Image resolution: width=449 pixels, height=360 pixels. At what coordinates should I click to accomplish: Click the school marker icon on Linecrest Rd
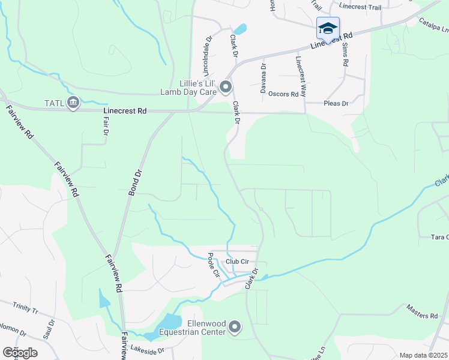tap(328, 28)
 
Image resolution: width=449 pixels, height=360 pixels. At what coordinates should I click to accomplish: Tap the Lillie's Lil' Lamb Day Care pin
tap(226, 88)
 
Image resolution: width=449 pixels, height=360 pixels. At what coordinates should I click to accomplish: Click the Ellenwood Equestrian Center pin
tap(235, 328)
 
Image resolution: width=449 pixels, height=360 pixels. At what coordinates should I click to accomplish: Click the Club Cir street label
tap(237, 262)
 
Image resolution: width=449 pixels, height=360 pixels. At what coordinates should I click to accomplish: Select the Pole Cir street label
tap(214, 265)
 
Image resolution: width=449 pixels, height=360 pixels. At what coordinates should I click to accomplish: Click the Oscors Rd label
tap(283, 94)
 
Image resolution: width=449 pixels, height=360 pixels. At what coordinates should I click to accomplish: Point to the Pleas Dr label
tap(336, 103)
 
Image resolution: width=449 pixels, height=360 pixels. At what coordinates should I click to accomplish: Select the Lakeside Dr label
tap(147, 351)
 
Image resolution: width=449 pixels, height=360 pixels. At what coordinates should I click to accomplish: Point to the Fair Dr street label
tap(104, 125)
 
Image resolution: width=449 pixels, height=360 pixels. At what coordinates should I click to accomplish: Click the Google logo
tap(20, 353)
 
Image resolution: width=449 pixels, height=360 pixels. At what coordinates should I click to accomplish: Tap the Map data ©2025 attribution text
tap(423, 355)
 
